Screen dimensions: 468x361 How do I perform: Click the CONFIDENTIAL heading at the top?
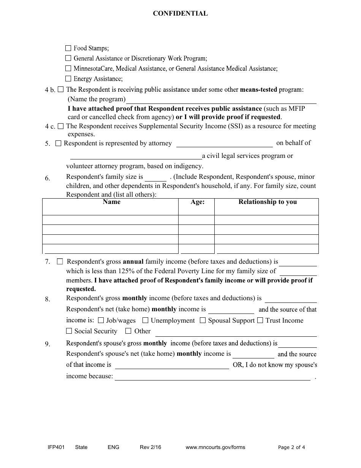[x=180, y=14]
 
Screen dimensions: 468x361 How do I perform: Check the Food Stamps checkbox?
[x=68, y=48]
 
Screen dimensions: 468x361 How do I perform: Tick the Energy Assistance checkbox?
[x=68, y=79]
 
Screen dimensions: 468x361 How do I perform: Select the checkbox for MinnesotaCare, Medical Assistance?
[x=68, y=68]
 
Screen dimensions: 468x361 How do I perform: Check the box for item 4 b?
[x=61, y=89]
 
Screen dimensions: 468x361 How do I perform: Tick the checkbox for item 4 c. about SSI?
[x=61, y=126]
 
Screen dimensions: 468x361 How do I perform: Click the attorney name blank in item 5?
[x=225, y=144]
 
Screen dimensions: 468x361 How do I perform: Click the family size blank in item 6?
[x=156, y=178]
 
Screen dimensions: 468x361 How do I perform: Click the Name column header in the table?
[x=111, y=202]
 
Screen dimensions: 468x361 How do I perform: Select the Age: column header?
[x=197, y=202]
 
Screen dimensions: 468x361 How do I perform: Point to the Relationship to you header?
[x=268, y=202]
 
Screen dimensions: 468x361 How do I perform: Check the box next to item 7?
[x=60, y=261]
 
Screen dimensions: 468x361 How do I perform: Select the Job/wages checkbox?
[x=101, y=320]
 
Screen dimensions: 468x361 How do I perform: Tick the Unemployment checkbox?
[x=145, y=320]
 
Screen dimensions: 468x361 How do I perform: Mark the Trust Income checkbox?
[x=260, y=320]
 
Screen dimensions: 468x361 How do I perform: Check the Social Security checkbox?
[x=69, y=331]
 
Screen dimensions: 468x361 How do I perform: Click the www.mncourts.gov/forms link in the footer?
[x=215, y=447]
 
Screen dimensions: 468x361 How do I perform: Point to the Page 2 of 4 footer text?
[x=291, y=447]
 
